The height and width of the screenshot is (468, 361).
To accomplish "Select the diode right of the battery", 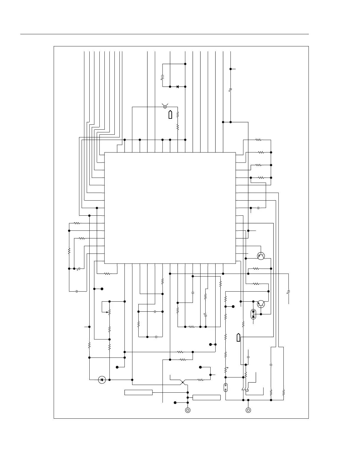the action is pos(178,87).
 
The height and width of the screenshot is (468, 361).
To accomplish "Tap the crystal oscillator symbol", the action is pos(165,106).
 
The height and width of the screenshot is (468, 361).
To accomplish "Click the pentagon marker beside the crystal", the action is pos(170,115).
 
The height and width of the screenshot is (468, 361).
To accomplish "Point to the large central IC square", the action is pos(170,208).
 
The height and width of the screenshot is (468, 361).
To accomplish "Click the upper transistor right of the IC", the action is pos(261,256).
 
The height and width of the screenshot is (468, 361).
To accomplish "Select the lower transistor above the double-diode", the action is pos(261,304).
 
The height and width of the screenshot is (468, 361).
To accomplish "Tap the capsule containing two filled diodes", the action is pos(253,314).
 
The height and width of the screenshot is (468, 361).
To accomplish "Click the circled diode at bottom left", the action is pos(102,380).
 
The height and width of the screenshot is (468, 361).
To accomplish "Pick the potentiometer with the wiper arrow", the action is pos(109,312).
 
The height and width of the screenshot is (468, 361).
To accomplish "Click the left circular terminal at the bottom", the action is pos(188,410).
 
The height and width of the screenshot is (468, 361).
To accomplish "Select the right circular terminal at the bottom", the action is pos(248,410).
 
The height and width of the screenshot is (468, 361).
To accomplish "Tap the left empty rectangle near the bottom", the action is pos(138,392).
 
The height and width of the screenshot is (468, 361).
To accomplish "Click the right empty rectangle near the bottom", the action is pos(206,397).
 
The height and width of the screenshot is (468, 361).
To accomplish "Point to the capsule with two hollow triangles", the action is pos(226,387).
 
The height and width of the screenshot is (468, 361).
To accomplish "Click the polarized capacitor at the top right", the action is pos(231,89).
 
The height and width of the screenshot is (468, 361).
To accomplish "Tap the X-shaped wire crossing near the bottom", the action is pos(183,382).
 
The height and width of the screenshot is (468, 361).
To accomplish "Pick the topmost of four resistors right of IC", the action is pos(258,139).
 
